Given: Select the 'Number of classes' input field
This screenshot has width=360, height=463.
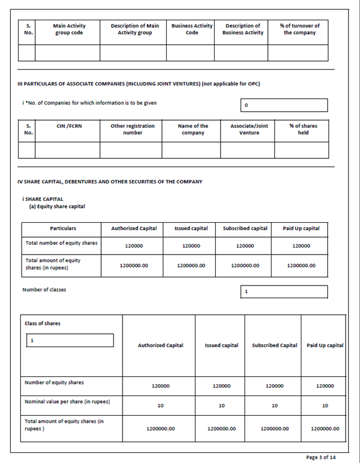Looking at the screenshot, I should [x=284, y=292].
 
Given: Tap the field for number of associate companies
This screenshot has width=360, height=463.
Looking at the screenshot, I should [x=284, y=105].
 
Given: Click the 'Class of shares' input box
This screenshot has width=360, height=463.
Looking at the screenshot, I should [x=69, y=340].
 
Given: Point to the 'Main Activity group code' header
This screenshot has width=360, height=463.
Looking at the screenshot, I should [x=69, y=29].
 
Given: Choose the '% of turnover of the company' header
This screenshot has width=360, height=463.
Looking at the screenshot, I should [x=299, y=29].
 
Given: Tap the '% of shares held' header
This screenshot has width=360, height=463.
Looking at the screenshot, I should [x=303, y=129].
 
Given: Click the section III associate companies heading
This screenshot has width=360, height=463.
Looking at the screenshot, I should [x=138, y=83].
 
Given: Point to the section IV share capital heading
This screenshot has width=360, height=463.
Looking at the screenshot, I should [x=109, y=182].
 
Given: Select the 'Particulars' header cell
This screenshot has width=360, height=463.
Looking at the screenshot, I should [x=63, y=228].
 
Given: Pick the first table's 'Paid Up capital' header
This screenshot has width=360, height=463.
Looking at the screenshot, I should [x=301, y=228].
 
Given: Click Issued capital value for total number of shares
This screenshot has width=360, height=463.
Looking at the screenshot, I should [x=191, y=246].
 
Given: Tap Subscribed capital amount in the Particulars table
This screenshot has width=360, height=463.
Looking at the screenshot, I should [x=245, y=265].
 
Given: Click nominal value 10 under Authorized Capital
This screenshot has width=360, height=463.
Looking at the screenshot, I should [x=160, y=406].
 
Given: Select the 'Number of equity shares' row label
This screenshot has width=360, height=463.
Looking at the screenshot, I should [x=54, y=382].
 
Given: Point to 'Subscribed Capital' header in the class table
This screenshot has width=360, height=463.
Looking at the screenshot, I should [x=274, y=345].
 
